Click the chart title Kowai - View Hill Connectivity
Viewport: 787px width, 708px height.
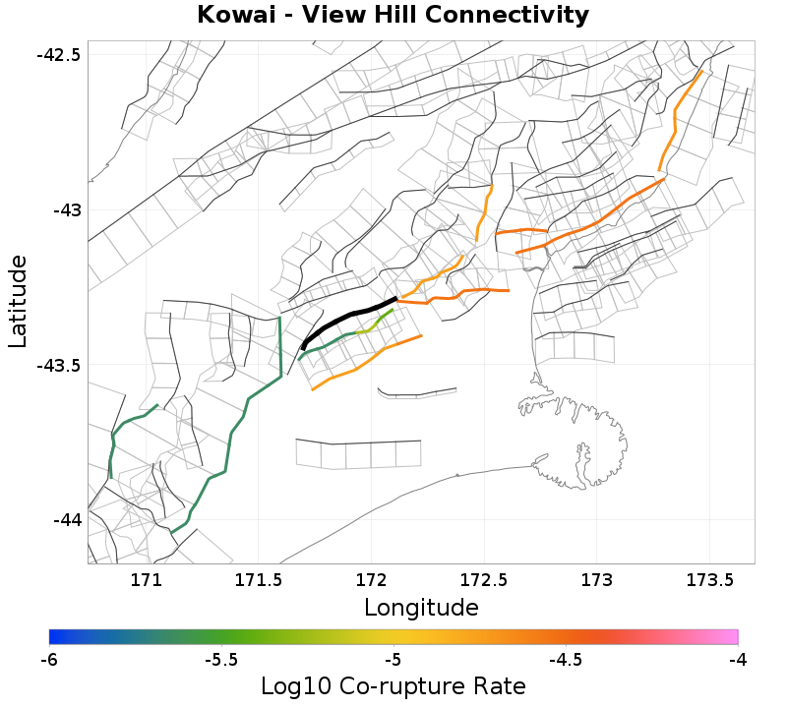393,16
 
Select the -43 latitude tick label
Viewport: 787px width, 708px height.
65,209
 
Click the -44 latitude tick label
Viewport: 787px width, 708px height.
65,520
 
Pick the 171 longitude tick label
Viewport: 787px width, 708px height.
146,580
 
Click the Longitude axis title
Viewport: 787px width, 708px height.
421,608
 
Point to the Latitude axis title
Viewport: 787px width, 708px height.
18,300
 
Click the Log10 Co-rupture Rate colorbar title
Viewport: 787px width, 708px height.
393,685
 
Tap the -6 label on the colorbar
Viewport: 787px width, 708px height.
49,659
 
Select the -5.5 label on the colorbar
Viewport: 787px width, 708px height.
221,659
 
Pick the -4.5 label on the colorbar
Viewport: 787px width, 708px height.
566,659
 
